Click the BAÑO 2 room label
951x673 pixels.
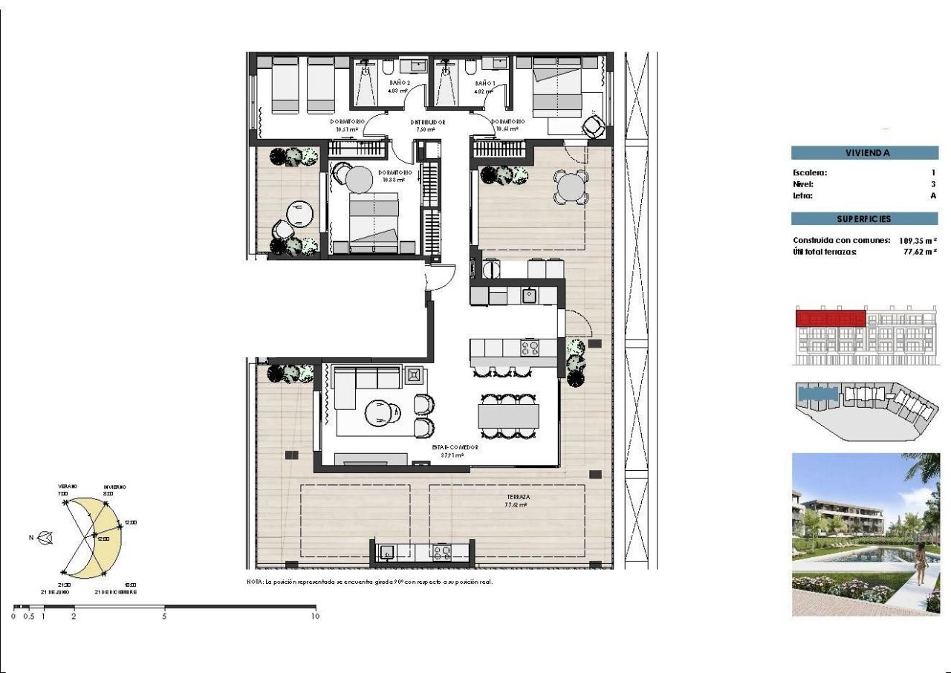coord(399,82)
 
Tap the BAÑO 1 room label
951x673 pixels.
coord(485,82)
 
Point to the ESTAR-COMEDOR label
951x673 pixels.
coord(455,448)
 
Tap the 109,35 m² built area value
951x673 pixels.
coord(915,241)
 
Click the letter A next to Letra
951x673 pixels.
coord(933,196)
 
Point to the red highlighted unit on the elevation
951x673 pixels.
coord(831,319)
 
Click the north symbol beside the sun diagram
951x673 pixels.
coord(45,537)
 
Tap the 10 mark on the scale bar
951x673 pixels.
coord(315,616)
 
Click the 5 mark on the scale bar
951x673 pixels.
coord(165,616)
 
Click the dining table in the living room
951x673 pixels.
coord(508,416)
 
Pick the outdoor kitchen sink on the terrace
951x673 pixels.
coord(387,552)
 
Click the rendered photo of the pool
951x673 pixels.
coord(866,533)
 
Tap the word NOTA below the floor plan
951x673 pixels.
coord(254,582)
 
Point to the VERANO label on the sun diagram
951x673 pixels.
coord(68,487)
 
